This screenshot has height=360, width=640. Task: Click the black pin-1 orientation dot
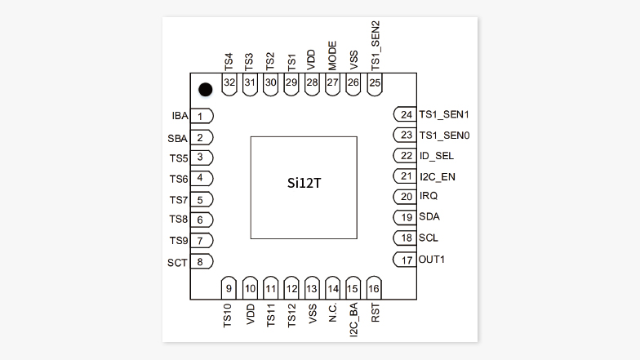point(206,89)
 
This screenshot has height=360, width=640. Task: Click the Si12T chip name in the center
point(304,187)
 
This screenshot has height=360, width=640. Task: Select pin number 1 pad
point(201,117)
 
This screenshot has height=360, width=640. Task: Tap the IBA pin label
point(180,117)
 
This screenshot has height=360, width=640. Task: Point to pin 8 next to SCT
point(201,262)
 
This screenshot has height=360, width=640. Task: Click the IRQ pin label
point(429,197)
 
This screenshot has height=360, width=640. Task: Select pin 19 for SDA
point(405,217)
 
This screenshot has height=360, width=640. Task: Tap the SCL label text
point(429,238)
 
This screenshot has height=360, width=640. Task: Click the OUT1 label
point(433,260)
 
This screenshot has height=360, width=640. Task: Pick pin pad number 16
point(374,288)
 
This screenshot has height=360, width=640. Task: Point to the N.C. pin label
point(333,314)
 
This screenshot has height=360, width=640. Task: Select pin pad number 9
point(229,288)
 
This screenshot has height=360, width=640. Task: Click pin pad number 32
point(229,83)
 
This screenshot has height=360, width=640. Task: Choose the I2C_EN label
point(438,176)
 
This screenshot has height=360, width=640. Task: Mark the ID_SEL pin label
point(437,156)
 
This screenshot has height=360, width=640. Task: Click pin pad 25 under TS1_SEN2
point(375,83)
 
